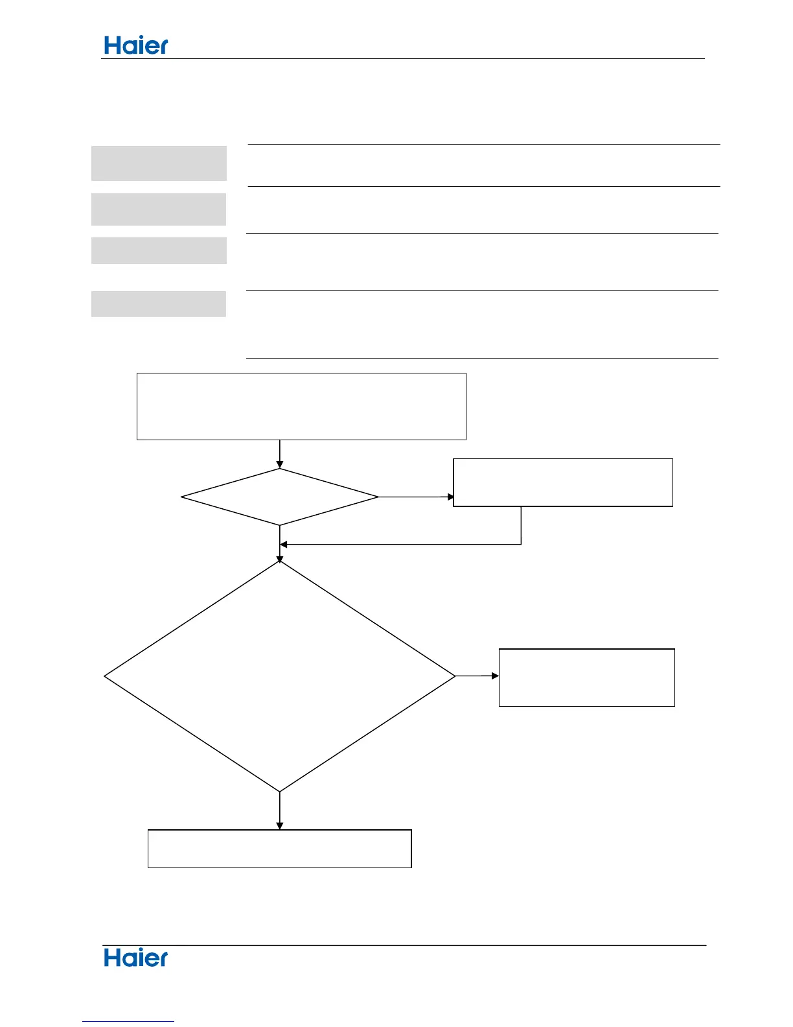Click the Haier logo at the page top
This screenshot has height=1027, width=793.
(x=136, y=45)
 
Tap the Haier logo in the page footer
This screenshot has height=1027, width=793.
(x=136, y=958)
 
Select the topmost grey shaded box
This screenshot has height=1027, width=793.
(x=159, y=163)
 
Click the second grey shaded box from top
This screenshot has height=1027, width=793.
(x=159, y=209)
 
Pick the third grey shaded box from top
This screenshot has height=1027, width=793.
(x=159, y=250)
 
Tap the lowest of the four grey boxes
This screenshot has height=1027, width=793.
(x=159, y=304)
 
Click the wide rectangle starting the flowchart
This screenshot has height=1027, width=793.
(x=301, y=407)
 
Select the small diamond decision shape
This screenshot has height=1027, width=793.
(x=279, y=497)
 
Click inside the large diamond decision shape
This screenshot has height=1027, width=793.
(x=279, y=676)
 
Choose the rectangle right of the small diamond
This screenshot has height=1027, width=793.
(x=563, y=482)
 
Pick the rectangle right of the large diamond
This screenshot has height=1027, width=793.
(x=586, y=678)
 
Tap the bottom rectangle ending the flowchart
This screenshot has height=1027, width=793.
(x=279, y=849)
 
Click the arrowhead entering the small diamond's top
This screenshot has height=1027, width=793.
(x=279, y=464)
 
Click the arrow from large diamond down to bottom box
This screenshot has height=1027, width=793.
(x=279, y=810)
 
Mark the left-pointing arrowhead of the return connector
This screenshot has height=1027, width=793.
(x=284, y=544)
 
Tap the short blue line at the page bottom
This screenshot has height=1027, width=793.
(x=128, y=1022)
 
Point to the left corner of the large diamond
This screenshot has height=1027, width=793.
(x=106, y=676)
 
